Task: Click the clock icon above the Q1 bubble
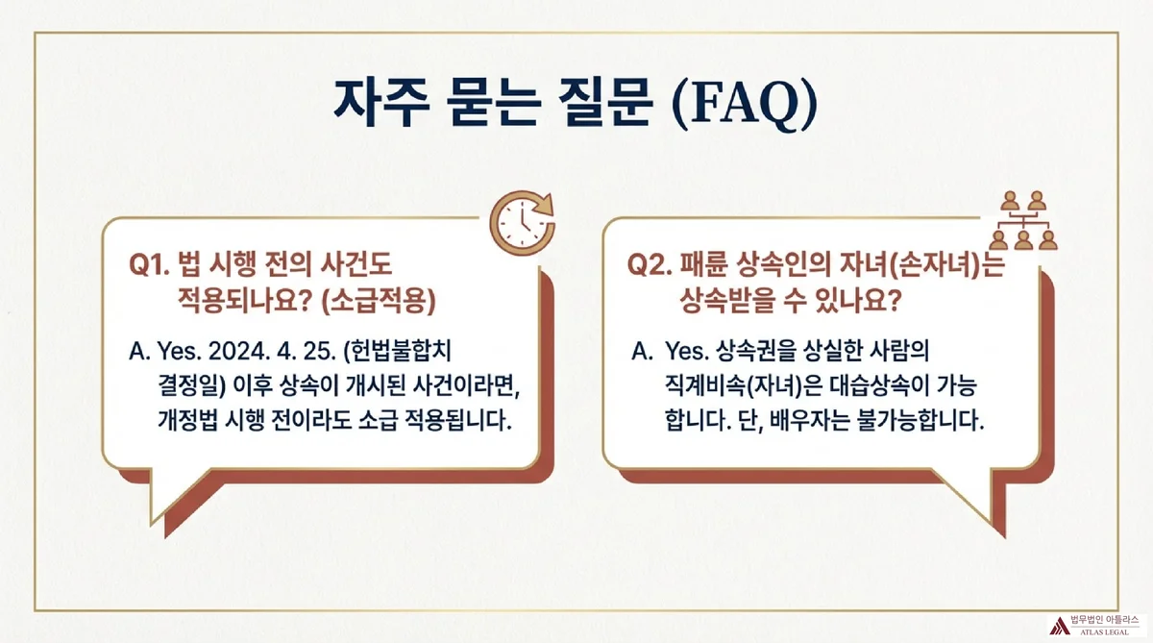click(522, 222)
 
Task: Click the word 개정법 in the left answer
click(190, 421)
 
